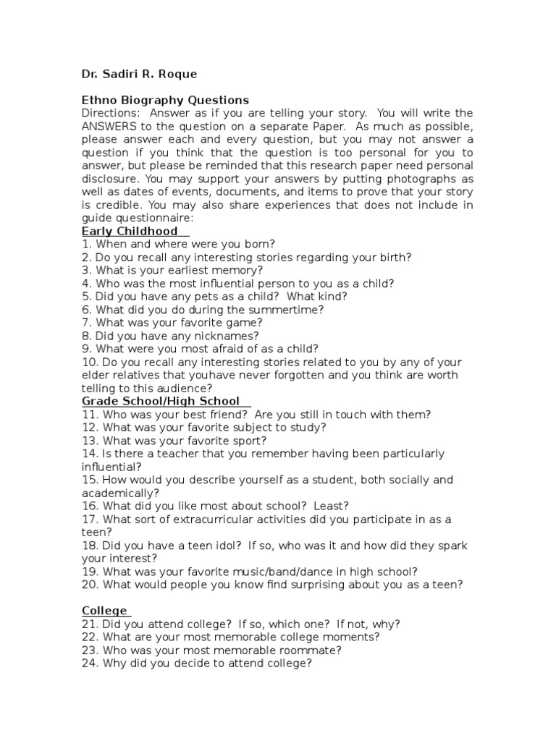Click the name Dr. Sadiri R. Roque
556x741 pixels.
139,74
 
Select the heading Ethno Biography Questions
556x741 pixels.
165,100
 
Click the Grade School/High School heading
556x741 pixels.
160,401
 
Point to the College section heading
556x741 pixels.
104,610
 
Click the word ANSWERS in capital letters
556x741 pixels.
111,127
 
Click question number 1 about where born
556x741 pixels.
85,244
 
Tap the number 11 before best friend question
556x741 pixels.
88,414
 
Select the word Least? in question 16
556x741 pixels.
330,505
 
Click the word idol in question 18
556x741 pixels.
225,545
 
